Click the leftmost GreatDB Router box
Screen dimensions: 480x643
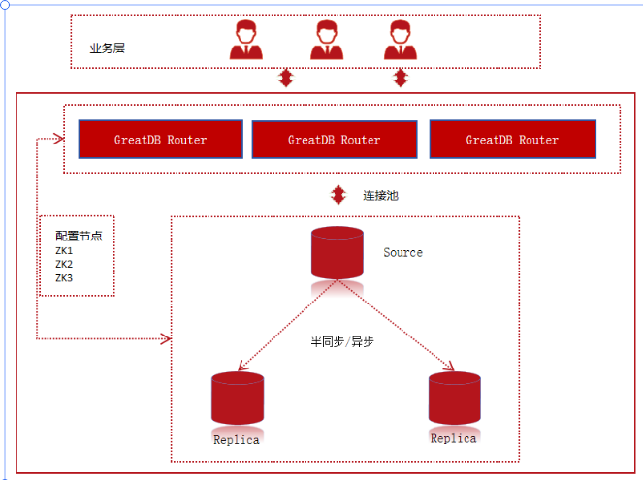point(160,140)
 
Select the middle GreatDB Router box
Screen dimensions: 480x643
point(335,140)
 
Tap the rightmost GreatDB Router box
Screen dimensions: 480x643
point(512,140)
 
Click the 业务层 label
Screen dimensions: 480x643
point(107,48)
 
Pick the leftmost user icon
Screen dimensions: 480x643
point(245,41)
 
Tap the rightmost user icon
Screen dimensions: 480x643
point(400,41)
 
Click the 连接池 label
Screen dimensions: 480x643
point(380,195)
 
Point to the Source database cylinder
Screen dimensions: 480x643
point(337,253)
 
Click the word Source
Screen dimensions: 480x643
point(402,252)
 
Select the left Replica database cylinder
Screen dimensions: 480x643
point(238,398)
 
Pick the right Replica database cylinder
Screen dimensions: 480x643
point(454,398)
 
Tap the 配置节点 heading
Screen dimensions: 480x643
point(79,236)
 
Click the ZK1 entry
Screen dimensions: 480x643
point(64,251)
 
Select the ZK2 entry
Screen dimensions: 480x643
point(64,264)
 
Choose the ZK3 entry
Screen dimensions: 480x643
point(64,278)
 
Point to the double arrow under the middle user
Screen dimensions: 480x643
point(285,78)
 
